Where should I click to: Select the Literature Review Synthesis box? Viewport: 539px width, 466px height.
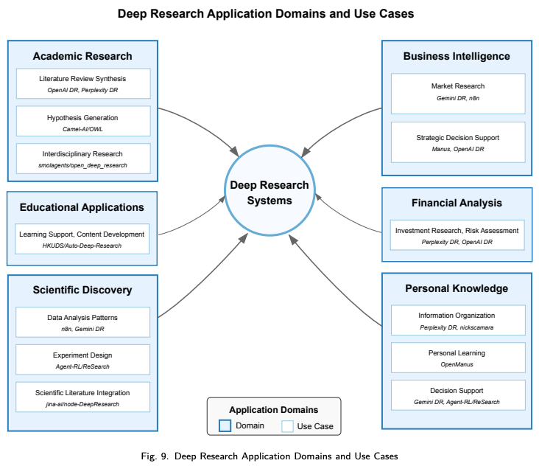(82, 83)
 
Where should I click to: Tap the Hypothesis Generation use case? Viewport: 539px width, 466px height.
(82, 122)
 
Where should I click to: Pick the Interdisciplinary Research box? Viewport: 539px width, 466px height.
(82, 159)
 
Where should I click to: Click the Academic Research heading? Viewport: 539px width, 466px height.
(82, 56)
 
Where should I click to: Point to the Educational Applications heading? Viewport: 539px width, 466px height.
(82, 207)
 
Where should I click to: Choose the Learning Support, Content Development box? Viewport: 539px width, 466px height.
(82, 239)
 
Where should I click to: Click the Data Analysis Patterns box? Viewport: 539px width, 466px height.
(82, 322)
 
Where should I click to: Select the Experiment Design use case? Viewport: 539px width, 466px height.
(82, 360)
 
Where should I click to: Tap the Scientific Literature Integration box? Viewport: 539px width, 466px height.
(82, 397)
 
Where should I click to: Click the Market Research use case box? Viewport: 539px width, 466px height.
(458, 94)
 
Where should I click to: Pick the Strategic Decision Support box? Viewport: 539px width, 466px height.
(458, 142)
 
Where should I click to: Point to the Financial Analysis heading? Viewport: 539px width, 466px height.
(457, 203)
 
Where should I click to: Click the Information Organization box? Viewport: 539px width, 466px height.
(458, 320)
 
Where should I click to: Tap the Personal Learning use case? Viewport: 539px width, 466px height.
(458, 358)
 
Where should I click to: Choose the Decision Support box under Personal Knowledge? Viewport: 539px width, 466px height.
(458, 396)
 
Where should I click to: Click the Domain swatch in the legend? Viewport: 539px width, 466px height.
(225, 426)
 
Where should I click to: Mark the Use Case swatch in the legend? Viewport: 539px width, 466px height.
(287, 426)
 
